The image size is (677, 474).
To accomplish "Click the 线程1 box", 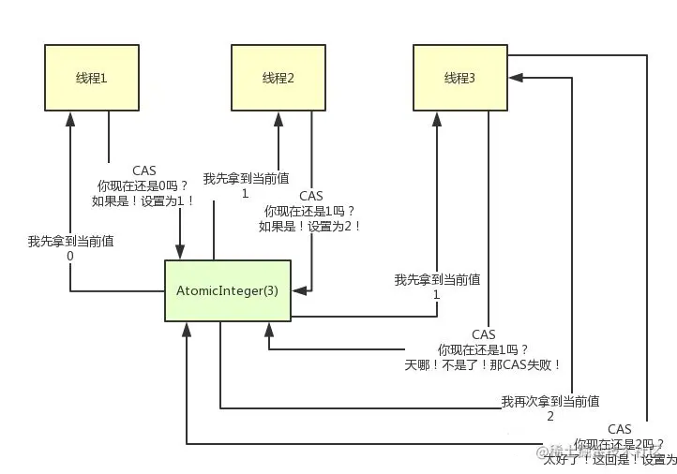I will (90, 78).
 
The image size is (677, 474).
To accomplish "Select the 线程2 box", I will (278, 78).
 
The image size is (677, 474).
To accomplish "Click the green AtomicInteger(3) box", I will (228, 290).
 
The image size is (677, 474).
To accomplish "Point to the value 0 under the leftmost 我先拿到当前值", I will (70, 255).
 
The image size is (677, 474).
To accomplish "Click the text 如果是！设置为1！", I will (143, 200).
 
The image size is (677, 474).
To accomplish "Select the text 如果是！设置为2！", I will (310, 226).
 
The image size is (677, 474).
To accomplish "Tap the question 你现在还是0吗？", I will (143, 185).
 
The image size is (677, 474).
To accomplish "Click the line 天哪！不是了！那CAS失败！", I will (483, 364).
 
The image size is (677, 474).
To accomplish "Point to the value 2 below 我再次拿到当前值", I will (549, 416).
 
